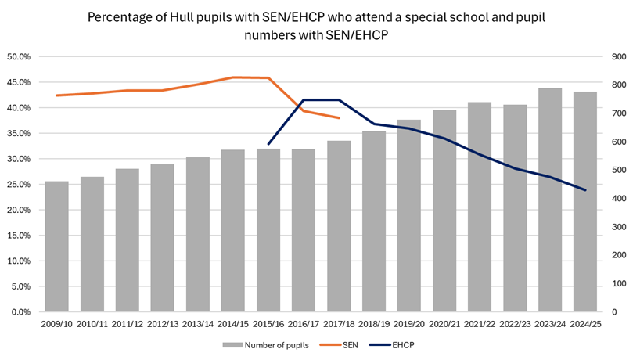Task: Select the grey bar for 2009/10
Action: [56, 247]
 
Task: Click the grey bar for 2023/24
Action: [550, 200]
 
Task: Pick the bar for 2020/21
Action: [444, 211]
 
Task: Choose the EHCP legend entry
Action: [401, 344]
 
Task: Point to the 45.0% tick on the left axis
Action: [19, 82]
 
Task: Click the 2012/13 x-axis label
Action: [162, 322]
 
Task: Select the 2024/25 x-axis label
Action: [585, 322]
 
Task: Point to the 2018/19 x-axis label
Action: [374, 322]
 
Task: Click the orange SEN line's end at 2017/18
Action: [339, 118]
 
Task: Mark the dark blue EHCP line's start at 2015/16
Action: [268, 144]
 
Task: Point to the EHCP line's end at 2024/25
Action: [585, 190]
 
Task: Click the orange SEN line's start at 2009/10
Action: [56, 95]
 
